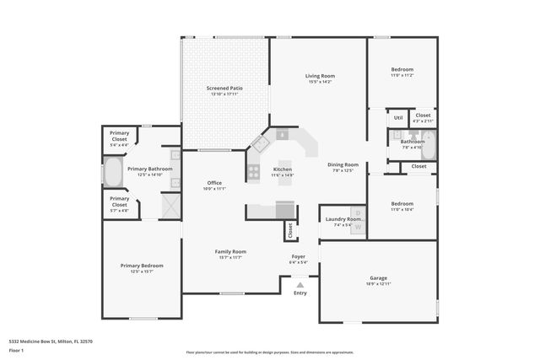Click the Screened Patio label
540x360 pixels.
(x=225, y=88)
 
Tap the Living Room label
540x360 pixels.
(x=320, y=76)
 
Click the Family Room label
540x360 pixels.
(x=229, y=251)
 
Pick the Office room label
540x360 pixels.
(x=214, y=183)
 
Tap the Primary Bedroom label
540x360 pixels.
(x=141, y=266)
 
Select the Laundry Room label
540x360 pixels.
(x=342, y=219)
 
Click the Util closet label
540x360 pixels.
(x=398, y=117)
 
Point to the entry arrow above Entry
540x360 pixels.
(x=300, y=286)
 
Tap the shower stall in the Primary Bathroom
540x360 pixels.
(x=170, y=206)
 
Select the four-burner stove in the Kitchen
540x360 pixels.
(x=253, y=172)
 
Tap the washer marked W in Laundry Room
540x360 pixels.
(x=357, y=226)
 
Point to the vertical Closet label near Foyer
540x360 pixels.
(x=289, y=229)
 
